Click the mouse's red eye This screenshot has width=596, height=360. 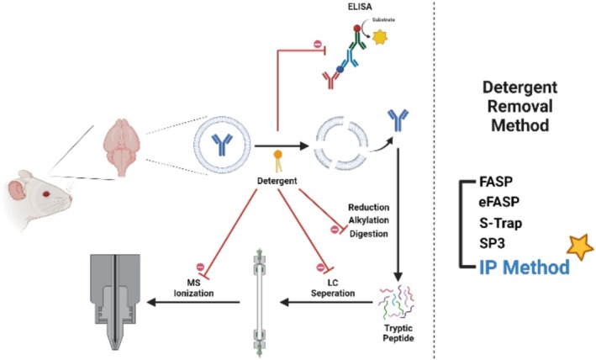[x=46, y=194]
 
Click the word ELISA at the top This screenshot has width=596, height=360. [x=361, y=7]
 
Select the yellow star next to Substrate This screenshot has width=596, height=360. [x=380, y=37]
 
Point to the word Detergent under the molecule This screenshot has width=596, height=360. [x=277, y=181]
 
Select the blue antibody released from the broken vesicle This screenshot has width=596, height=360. [x=398, y=119]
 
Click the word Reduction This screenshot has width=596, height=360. [x=369, y=208]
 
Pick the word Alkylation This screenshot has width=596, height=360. [x=369, y=220]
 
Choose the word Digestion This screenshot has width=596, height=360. [x=369, y=233]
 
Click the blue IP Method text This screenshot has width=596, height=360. [x=525, y=267]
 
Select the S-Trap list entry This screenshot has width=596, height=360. [x=501, y=223]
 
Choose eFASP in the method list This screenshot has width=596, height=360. [x=499, y=202]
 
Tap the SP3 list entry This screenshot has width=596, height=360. [x=492, y=243]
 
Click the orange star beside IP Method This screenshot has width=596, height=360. [x=580, y=247]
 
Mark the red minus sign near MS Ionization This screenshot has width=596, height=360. [x=200, y=267]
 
